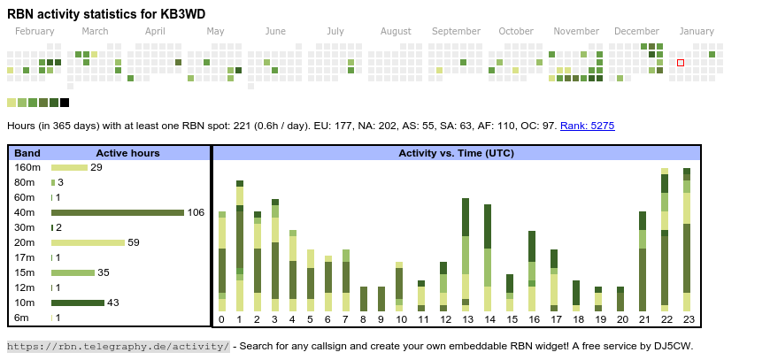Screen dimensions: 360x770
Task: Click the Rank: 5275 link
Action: tap(587, 126)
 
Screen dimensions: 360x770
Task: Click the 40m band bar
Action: tap(118, 212)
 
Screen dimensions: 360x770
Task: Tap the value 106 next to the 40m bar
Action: tap(196, 212)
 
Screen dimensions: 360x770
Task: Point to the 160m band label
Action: tap(27, 167)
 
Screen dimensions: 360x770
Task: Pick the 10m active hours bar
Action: tap(78, 303)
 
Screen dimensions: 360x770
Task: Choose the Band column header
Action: tap(27, 153)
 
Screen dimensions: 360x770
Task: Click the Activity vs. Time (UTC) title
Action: tap(456, 153)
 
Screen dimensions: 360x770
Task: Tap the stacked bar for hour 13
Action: tap(466, 255)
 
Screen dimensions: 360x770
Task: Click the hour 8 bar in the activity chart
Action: tap(364, 299)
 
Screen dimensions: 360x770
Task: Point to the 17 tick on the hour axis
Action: tap(555, 319)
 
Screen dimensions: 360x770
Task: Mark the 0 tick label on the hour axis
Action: tap(221, 319)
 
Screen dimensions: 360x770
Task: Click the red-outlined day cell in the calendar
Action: tap(681, 63)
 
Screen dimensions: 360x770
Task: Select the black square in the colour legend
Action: tap(65, 103)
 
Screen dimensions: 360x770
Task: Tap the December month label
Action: tap(636, 31)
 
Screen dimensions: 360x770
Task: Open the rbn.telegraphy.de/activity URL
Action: tap(118, 346)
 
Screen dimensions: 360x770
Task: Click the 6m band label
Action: tap(21, 318)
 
